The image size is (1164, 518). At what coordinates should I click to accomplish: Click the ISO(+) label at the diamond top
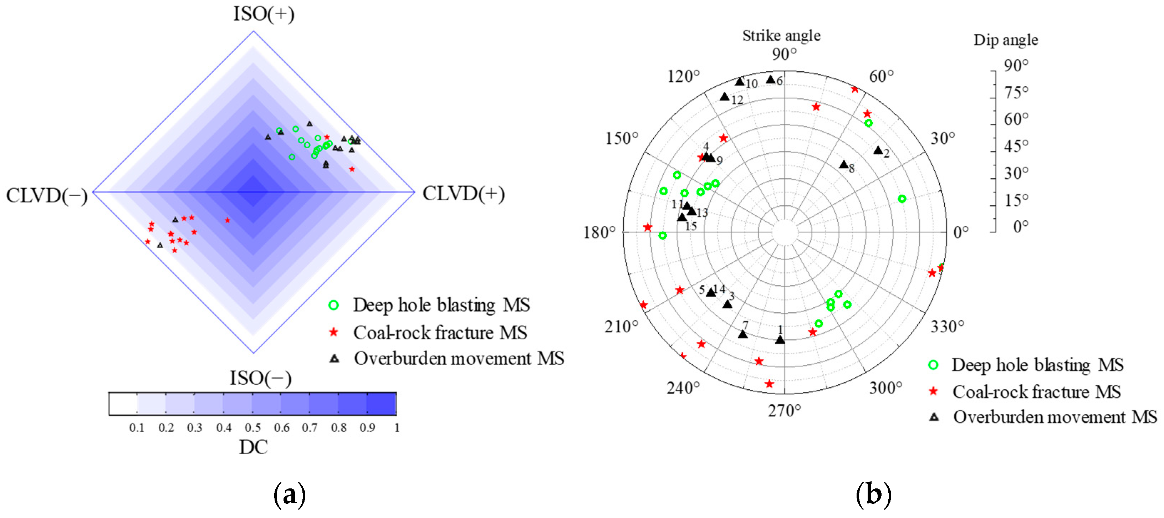[x=264, y=14]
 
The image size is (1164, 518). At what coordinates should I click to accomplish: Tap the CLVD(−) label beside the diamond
[x=47, y=196]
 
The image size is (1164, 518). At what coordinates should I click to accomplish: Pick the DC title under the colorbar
[x=253, y=447]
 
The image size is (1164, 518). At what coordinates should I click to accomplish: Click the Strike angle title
[x=781, y=36]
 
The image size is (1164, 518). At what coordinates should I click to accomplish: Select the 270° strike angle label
[x=785, y=411]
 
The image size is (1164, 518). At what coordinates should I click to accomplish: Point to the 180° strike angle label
[x=599, y=232]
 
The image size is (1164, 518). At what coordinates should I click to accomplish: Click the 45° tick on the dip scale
[x=1016, y=146]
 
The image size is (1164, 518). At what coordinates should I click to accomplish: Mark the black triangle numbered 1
[x=780, y=340]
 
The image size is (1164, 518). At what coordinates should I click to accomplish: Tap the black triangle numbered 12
[x=725, y=97]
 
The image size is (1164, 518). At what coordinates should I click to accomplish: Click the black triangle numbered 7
[x=743, y=334]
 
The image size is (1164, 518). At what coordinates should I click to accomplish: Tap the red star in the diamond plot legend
[x=333, y=332]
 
